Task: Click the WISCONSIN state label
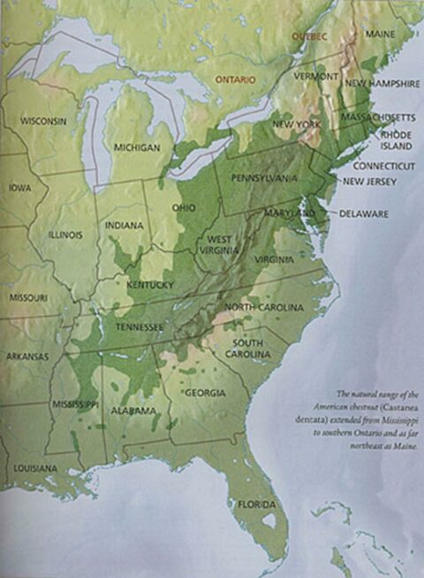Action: (45, 119)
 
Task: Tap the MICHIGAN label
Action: (137, 148)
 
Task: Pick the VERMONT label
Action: (317, 77)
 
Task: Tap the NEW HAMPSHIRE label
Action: (381, 82)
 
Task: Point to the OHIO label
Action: (183, 207)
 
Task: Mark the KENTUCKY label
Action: (150, 285)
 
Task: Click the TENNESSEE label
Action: (140, 327)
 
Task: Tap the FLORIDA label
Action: (255, 504)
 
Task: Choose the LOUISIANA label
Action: (34, 467)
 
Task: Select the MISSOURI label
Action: (27, 298)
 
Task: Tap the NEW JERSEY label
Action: (369, 182)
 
